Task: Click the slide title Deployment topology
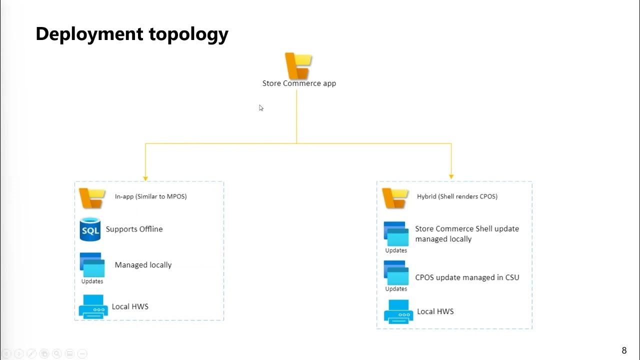132,34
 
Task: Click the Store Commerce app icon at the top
298,65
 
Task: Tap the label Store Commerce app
299,83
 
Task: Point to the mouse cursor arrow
261,107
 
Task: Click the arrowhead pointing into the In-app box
145,177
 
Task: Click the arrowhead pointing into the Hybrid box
451,176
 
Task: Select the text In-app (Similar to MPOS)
150,196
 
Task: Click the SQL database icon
90,229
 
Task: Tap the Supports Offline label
134,229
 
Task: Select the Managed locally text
143,265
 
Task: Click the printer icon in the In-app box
93,306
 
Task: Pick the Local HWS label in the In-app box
130,306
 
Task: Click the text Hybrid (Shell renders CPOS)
457,196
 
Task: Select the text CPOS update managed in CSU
467,277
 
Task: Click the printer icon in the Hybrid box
398,311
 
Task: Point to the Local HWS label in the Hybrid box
435,311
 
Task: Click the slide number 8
624,350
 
